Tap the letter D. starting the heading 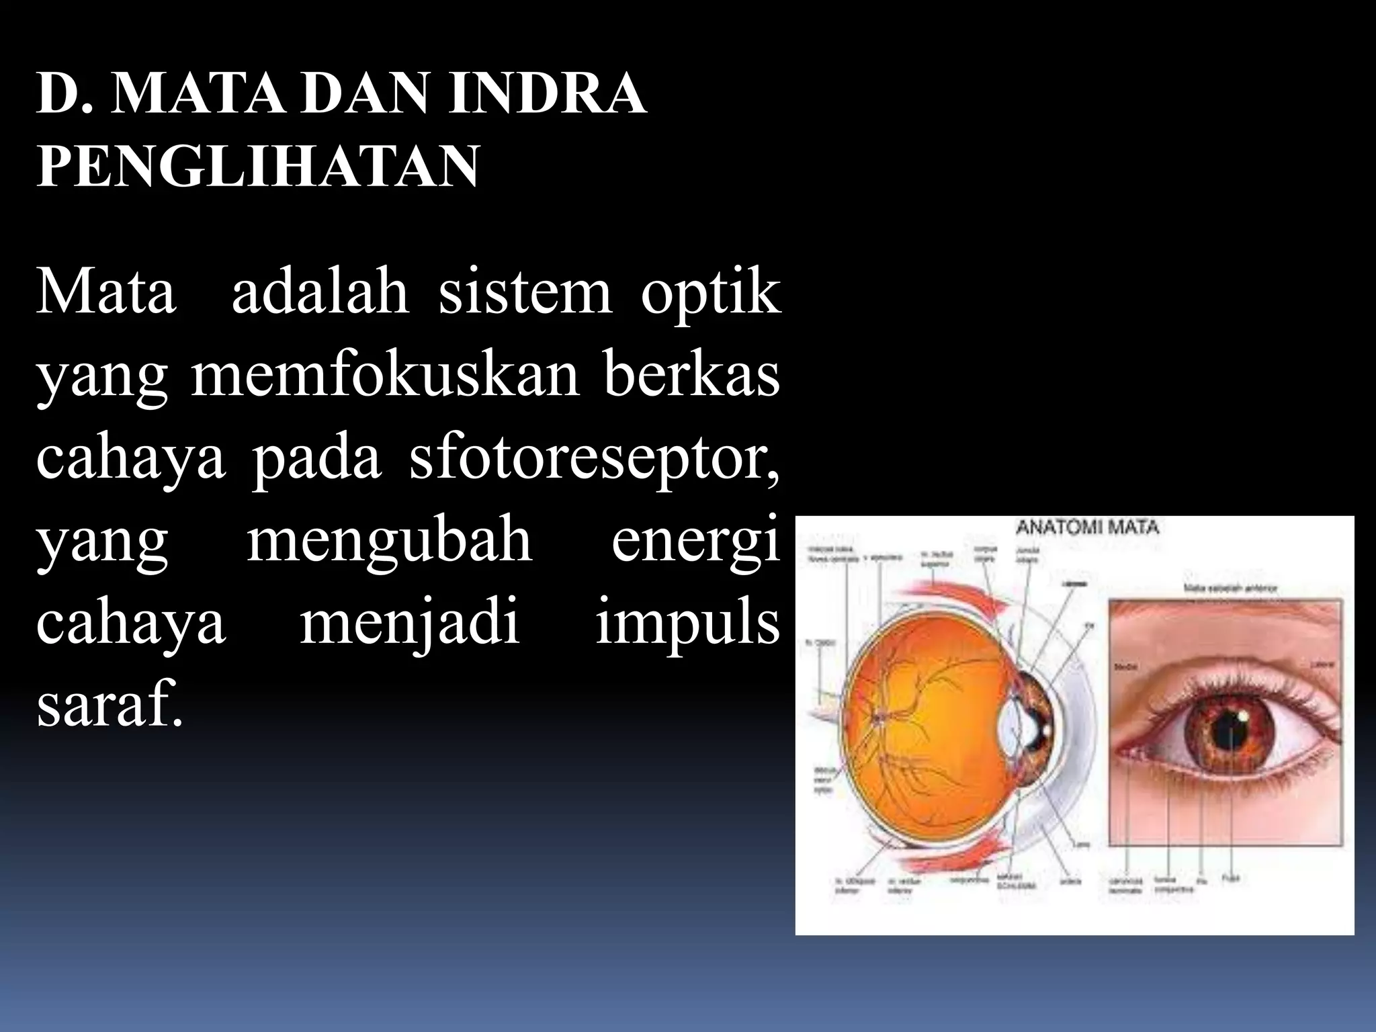64,94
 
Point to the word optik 711,294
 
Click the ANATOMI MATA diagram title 1088,527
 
